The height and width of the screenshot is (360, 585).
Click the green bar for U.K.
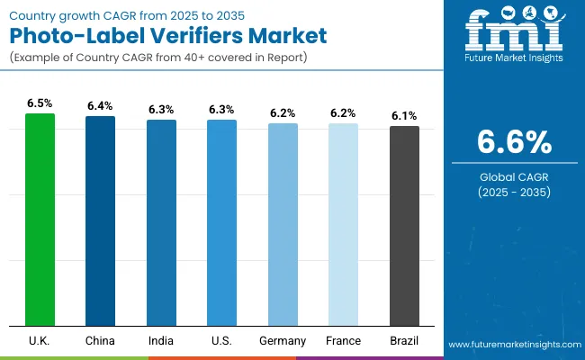click(40, 220)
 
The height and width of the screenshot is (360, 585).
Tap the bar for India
click(161, 222)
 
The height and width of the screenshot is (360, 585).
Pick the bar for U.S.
click(221, 222)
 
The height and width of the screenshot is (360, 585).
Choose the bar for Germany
click(283, 224)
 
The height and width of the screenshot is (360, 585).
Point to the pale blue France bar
click(343, 224)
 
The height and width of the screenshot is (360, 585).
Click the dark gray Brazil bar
click(404, 225)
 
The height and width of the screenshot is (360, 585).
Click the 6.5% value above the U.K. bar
click(40, 103)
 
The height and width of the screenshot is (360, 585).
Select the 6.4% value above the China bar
click(100, 106)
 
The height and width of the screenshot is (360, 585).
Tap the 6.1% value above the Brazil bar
click(404, 116)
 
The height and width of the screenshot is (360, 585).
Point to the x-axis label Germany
click(283, 341)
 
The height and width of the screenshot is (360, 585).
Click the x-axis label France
click(343, 341)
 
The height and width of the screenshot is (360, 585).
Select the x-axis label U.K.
click(40, 341)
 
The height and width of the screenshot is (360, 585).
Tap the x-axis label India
click(161, 341)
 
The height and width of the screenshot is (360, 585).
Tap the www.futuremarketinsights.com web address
click(512, 345)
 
